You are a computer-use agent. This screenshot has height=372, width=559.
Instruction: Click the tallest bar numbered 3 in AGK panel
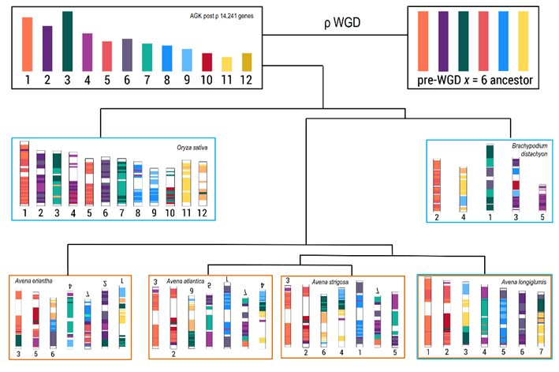point(67,41)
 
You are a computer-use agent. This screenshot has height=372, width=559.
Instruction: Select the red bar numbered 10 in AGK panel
point(207,62)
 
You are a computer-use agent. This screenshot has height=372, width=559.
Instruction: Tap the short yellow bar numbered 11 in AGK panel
point(226,64)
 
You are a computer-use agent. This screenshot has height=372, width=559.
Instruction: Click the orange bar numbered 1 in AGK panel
point(27,44)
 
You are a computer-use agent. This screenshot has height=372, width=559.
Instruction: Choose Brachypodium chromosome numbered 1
point(490,176)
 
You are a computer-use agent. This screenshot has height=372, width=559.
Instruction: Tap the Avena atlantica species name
point(186,280)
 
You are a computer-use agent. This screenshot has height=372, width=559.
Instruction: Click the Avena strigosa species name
point(330,281)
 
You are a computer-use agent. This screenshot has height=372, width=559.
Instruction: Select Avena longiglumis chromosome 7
point(542,318)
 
